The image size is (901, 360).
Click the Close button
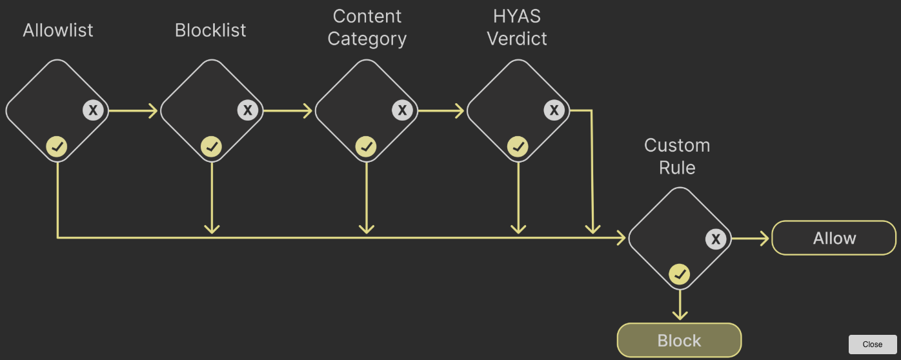[x=872, y=344]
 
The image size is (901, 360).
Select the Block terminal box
[x=679, y=340]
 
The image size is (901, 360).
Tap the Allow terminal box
[x=834, y=239]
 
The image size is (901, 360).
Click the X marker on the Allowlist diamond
[x=93, y=110]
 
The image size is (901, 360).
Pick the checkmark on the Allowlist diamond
[x=57, y=147]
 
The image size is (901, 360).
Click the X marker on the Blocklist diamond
[x=247, y=110]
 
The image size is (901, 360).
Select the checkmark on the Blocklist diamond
[x=211, y=147]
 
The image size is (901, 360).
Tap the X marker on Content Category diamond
[x=403, y=110]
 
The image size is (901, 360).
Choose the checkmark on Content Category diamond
[x=366, y=147]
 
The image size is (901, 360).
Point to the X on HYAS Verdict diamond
[x=554, y=110]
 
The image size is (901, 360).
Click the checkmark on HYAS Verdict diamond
[x=518, y=147]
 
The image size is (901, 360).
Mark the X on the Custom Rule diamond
[x=715, y=239]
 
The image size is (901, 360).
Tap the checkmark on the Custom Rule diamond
[x=679, y=275]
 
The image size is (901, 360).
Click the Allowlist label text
[x=58, y=30]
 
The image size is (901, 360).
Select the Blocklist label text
[x=210, y=30]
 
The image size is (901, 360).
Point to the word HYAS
[x=516, y=16]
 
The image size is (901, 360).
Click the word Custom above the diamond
[x=677, y=145]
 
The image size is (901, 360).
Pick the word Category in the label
[x=367, y=39]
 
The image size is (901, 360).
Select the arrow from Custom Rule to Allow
[x=751, y=239]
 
